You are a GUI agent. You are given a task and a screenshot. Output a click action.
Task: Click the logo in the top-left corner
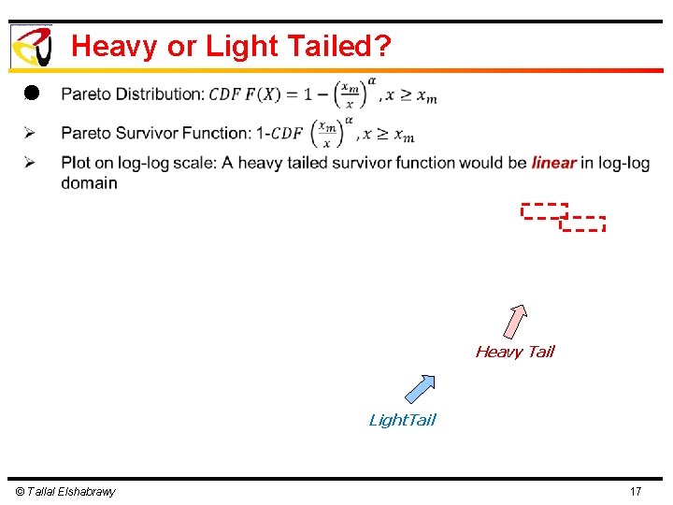31,46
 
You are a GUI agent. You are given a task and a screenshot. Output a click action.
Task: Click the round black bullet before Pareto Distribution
30,93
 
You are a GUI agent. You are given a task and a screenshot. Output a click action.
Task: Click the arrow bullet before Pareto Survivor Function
30,134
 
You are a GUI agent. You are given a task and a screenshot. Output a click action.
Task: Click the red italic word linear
553,163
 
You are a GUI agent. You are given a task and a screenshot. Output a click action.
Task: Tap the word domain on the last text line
89,183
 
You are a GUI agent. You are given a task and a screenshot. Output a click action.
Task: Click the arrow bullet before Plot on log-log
30,163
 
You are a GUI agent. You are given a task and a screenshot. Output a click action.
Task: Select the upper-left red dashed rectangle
544,210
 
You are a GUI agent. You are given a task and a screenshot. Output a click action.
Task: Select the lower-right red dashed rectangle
583,224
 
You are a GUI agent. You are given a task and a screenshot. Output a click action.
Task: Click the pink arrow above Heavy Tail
515,321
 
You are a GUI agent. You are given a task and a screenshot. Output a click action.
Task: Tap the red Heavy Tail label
514,352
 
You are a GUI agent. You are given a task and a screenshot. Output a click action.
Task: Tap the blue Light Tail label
402,420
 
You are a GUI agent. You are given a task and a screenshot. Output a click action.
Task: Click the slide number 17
636,492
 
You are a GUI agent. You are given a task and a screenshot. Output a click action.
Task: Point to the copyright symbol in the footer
21,492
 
